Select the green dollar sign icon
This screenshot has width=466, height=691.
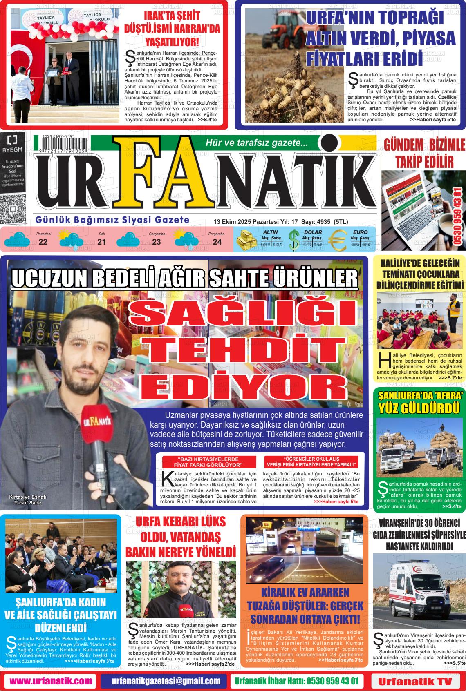pyautogui.click(x=293, y=241)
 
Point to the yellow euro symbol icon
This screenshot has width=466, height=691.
pyautogui.click(x=337, y=241)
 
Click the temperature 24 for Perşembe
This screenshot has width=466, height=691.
pyautogui.click(x=217, y=242)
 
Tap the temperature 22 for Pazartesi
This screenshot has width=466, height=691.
pyautogui.click(x=43, y=242)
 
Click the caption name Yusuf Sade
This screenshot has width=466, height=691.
pyautogui.click(x=27, y=503)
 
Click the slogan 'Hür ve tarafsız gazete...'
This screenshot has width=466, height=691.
pyautogui.click(x=256, y=143)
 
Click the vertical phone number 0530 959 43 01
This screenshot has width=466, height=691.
pyautogui.click(x=458, y=216)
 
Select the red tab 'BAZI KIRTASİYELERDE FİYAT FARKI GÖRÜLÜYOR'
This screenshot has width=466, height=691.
pyautogui.click(x=208, y=462)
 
